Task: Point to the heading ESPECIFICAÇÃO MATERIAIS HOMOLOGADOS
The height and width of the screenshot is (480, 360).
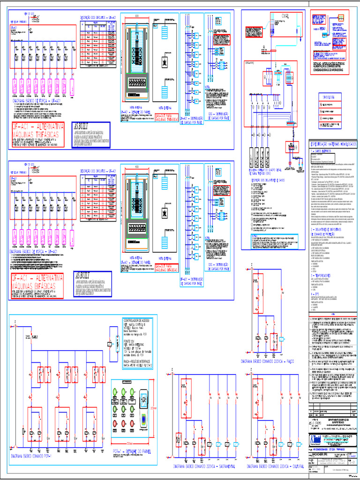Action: pos(334,145)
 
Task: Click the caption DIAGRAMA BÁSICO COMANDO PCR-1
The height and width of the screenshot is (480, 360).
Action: pos(37,455)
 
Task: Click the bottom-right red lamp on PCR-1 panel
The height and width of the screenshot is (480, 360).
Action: pos(142,424)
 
